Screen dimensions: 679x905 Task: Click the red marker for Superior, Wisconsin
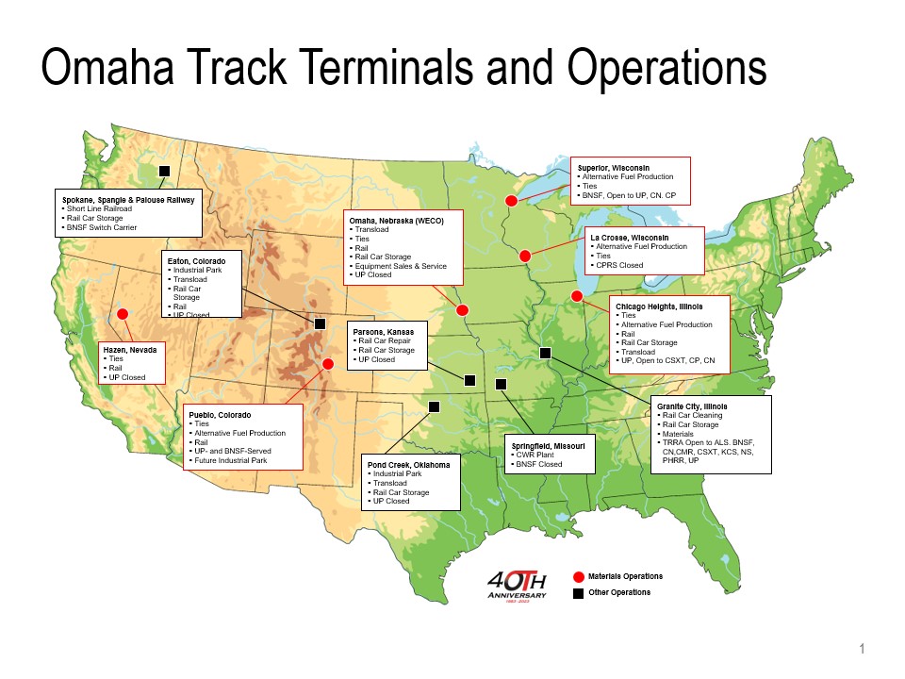(511, 200)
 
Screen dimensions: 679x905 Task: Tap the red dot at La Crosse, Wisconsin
(525, 256)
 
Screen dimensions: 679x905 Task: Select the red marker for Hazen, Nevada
(122, 314)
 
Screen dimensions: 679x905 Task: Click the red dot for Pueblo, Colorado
(328, 363)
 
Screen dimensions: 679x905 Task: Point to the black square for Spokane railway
(164, 171)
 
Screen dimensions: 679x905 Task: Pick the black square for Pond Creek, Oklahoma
(435, 406)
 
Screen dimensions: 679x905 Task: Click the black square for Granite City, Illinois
(545, 353)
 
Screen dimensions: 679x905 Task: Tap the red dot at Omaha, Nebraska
(462, 309)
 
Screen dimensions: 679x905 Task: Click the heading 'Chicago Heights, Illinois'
(659, 306)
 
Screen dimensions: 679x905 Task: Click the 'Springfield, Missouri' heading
(548, 445)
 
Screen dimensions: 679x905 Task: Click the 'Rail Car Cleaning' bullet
(693, 415)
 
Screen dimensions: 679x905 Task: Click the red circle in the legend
(579, 576)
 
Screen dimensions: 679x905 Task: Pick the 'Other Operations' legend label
(619, 592)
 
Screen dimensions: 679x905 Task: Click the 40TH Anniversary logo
(518, 586)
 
